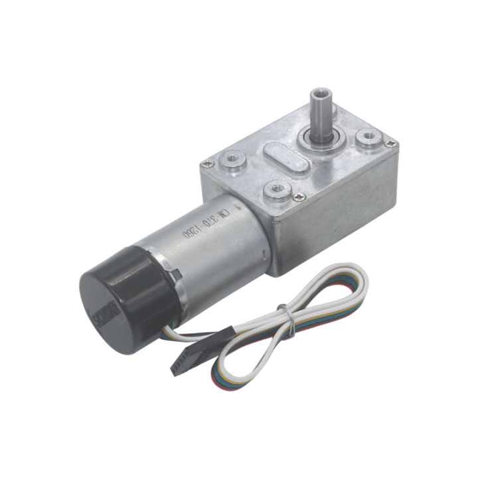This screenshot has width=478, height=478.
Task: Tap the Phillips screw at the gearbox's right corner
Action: pos(392,143)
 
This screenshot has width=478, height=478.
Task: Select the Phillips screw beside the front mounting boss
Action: pos(301,195)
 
